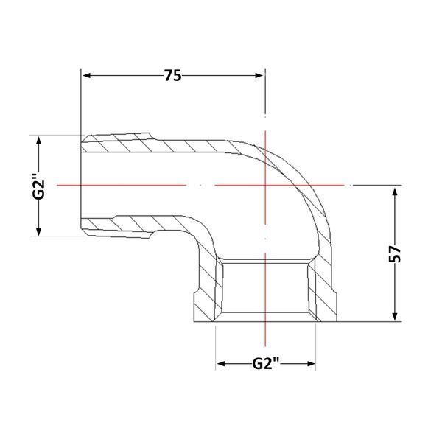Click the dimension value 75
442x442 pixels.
(173, 76)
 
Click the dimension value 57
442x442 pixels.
(395, 253)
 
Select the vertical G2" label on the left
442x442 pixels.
(38, 186)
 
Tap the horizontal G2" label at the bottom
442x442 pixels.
(265, 363)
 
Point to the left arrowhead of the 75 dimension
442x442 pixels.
(86, 76)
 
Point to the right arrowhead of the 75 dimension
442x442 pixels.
(259, 76)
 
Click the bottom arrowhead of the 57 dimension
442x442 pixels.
(395, 317)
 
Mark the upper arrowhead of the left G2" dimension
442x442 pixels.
(39, 140)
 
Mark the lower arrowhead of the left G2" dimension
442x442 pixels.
(39, 231)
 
